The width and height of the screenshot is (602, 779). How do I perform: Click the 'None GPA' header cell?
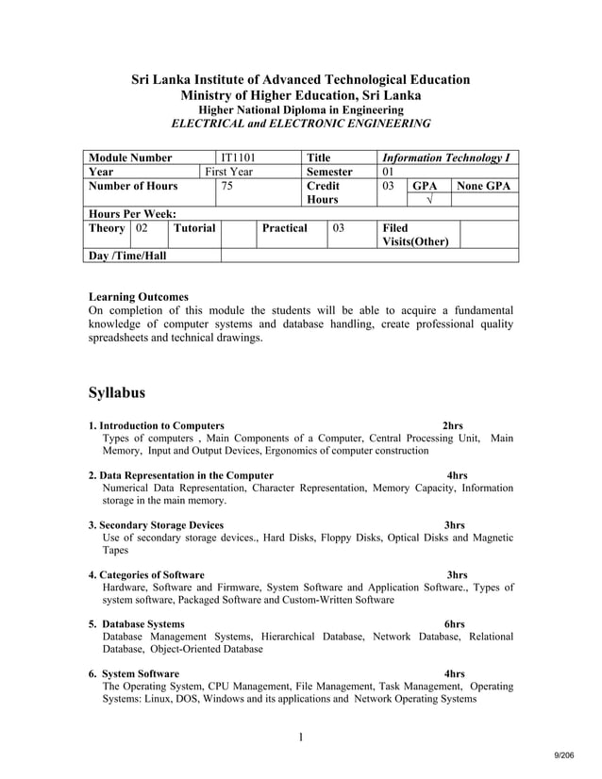pyautogui.click(x=484, y=187)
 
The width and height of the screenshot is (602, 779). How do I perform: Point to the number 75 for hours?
pyautogui.click(x=227, y=187)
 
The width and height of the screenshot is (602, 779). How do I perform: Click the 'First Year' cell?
pyautogui.click(x=230, y=173)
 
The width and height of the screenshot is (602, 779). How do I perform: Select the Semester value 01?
pyautogui.click(x=387, y=173)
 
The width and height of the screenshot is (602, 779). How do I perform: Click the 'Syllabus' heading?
pyautogui.click(x=116, y=391)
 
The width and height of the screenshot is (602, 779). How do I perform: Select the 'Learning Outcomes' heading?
pyautogui.click(x=138, y=296)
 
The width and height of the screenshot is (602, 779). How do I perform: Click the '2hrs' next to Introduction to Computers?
pyautogui.click(x=453, y=425)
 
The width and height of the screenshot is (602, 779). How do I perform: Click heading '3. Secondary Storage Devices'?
pyautogui.click(x=156, y=525)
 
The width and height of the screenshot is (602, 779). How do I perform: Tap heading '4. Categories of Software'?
pyautogui.click(x=146, y=574)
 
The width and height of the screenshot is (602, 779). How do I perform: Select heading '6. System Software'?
pyautogui.click(x=133, y=674)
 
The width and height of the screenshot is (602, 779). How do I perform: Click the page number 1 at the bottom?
pyautogui.click(x=300, y=737)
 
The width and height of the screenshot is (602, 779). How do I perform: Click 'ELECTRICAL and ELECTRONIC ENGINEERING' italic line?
pyautogui.click(x=300, y=124)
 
